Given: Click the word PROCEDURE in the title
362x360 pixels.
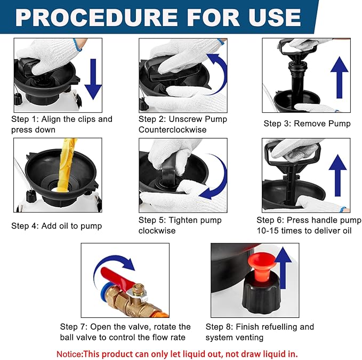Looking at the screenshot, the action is pos(96,18).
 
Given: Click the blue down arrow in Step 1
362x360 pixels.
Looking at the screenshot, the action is pos(93,79).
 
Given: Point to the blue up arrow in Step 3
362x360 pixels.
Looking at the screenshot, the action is pos(339,78).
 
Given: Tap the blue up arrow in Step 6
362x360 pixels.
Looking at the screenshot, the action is pos(337,175).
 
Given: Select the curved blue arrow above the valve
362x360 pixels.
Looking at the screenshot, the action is pos(111,260).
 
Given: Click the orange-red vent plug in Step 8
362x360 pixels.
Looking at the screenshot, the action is pos(262,265).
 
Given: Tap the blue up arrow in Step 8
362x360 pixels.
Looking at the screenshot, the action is pos(283,267).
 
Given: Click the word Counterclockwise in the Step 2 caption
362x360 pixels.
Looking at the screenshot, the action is pos(172,129).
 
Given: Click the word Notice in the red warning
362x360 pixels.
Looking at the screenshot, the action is pos(69,354).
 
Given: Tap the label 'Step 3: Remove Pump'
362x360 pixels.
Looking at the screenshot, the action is pos(307,124).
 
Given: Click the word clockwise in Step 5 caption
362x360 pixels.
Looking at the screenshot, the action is pos(157,231).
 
